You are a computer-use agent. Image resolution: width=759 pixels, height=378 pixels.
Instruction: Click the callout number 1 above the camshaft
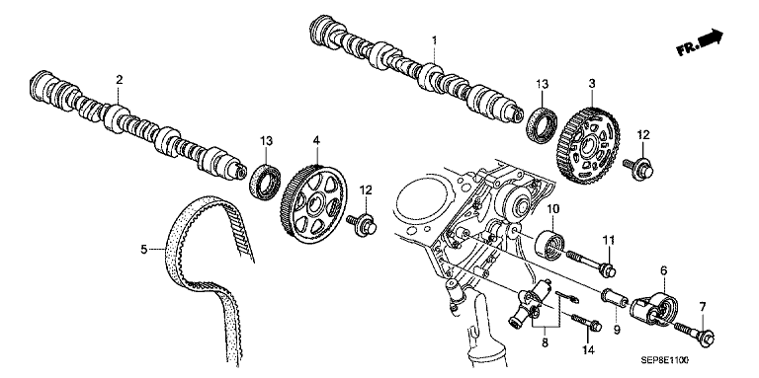pos(434,39)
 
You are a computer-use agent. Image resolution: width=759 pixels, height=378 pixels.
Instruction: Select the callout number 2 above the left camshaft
pos(120,80)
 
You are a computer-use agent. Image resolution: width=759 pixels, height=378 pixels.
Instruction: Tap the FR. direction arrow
pos(700,43)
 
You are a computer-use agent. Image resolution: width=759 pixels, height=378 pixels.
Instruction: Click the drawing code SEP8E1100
pos(664,360)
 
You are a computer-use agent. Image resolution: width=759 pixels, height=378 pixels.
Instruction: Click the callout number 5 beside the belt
pos(143,250)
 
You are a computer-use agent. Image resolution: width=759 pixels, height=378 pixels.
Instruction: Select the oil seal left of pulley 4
pos(265,182)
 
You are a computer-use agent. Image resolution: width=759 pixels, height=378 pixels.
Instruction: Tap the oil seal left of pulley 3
pos(543,126)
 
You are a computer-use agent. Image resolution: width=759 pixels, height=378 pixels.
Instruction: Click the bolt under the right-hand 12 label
pos(639,169)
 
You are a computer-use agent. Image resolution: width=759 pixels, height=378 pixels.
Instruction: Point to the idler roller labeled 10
pos(549,245)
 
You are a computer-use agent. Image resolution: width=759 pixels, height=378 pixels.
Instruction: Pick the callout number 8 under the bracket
pos(546,342)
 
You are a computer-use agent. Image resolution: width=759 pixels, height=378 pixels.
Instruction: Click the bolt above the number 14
pos(587,323)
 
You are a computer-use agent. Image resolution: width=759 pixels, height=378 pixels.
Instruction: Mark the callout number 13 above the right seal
pos(543,85)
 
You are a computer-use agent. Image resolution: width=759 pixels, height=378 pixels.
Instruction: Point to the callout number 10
pos(553,209)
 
